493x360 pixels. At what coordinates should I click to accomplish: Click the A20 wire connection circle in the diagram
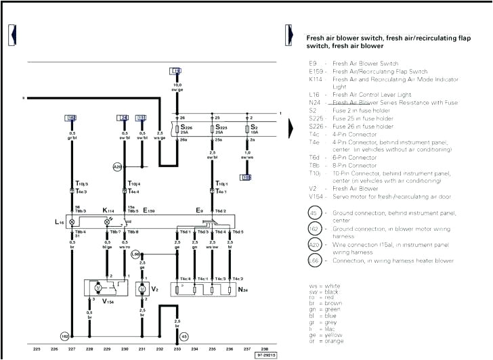tap(117, 166)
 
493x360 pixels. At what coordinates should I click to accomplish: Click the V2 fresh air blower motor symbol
tap(142, 290)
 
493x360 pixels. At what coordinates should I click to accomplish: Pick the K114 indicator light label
tap(109, 210)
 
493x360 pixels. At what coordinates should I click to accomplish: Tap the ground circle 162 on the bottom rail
tap(64, 334)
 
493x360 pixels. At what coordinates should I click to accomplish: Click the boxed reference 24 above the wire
tap(124, 118)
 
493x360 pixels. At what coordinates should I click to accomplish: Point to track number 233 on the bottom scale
tap(177, 348)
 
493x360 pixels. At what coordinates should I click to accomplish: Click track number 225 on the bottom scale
tap(37, 348)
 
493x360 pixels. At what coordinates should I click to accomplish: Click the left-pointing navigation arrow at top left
tap(12, 32)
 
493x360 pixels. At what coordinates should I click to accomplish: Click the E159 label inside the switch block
tap(150, 210)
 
